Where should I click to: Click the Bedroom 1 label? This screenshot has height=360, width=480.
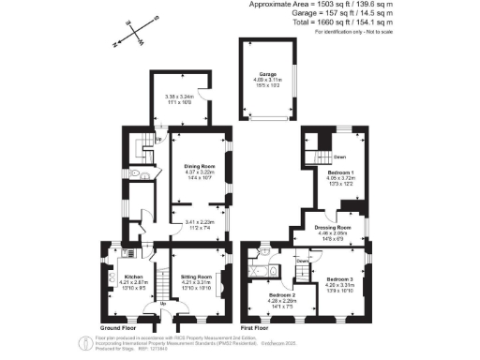coord(340,173)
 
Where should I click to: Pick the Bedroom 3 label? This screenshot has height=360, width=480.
coord(339,278)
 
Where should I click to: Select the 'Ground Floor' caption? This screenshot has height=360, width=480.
coord(118,328)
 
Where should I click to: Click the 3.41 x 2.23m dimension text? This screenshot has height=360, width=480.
coord(198,222)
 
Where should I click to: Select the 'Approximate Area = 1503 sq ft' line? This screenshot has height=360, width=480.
coord(333,5)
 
